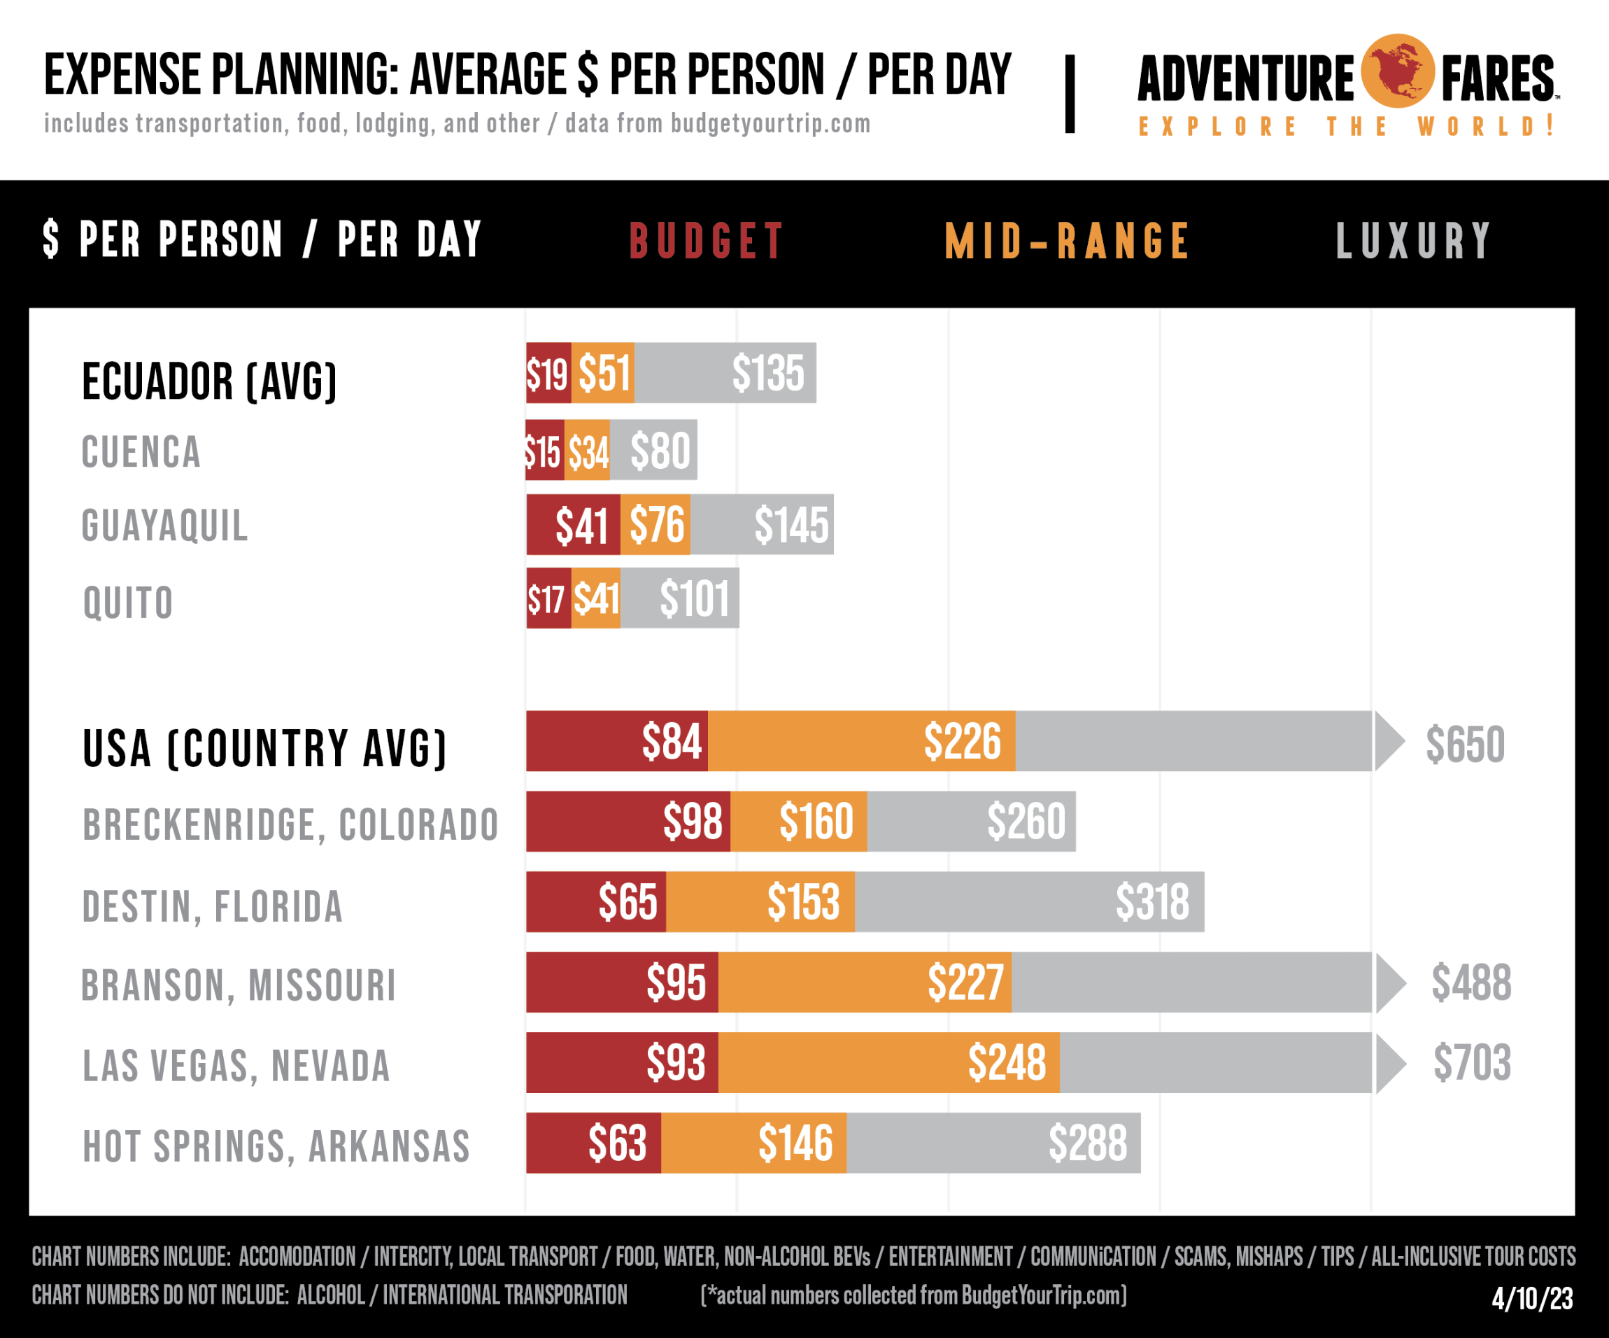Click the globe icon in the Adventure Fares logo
point(1398,71)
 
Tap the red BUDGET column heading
point(707,241)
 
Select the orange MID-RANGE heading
point(1067,241)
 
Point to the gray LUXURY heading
point(1414,241)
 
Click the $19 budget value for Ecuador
point(547,374)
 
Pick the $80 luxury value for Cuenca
point(660,451)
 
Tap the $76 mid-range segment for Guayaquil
point(657,526)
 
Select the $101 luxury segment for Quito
point(693,599)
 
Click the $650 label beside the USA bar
point(1465,744)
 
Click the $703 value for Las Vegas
point(1472,1063)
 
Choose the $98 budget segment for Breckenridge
point(692,822)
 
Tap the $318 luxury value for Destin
point(1151,902)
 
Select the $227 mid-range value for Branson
point(965,983)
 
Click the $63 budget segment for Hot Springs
point(617,1143)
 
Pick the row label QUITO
point(128,603)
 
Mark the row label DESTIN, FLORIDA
point(212,908)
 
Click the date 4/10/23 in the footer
point(1532,1298)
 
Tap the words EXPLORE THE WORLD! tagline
point(1346,127)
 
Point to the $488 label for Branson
point(1471,983)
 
